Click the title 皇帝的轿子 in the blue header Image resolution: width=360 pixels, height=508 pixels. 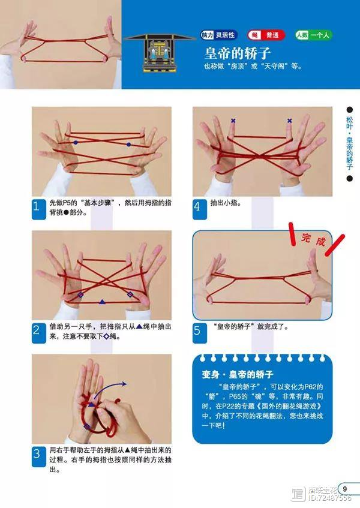(x=237, y=53)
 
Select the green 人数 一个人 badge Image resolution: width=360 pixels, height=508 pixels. (x=313, y=35)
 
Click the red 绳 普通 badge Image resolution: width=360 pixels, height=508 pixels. (x=266, y=35)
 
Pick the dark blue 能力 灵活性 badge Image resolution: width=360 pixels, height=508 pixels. (x=219, y=35)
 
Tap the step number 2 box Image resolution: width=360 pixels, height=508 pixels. (x=38, y=333)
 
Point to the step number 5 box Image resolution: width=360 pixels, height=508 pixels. (x=200, y=333)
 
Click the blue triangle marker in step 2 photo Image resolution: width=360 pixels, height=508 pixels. (x=102, y=302)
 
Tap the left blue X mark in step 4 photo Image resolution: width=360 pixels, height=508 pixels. (x=233, y=121)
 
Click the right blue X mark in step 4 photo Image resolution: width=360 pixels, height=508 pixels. (x=290, y=121)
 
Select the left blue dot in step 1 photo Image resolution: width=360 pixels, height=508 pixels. (x=76, y=143)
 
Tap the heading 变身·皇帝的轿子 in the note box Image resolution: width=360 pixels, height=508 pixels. (x=238, y=374)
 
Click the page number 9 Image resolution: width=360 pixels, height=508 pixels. (x=345, y=489)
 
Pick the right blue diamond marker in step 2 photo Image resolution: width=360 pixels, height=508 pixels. (x=130, y=294)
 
